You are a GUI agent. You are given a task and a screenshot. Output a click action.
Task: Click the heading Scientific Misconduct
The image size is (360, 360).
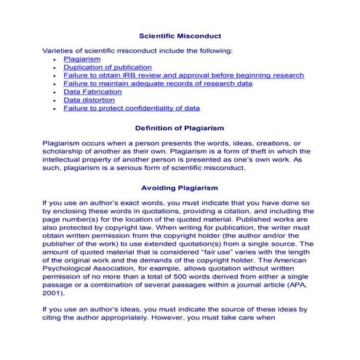(x=180, y=36)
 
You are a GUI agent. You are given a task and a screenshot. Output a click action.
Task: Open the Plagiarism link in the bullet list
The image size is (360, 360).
(x=81, y=59)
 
